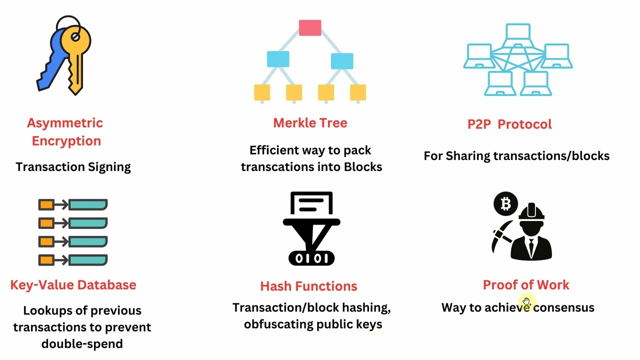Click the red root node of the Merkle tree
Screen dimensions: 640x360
tap(310, 27)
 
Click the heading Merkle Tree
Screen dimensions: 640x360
tap(310, 123)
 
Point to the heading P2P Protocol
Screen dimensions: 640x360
tap(509, 124)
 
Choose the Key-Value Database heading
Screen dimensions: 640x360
tap(73, 285)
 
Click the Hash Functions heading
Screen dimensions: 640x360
tap(308, 286)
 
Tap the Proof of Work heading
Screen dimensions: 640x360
tap(526, 285)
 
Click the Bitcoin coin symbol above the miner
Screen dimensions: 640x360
tap(505, 203)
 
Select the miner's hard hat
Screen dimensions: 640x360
tap(531, 212)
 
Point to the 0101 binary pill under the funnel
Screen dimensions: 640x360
tap(311, 258)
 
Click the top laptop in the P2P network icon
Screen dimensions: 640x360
tap(518, 35)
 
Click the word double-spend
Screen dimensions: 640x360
tap(82, 344)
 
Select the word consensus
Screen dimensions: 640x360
tap(563, 307)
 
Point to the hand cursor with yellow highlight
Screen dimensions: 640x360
tap(526, 301)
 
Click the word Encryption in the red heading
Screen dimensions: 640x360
tap(66, 141)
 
